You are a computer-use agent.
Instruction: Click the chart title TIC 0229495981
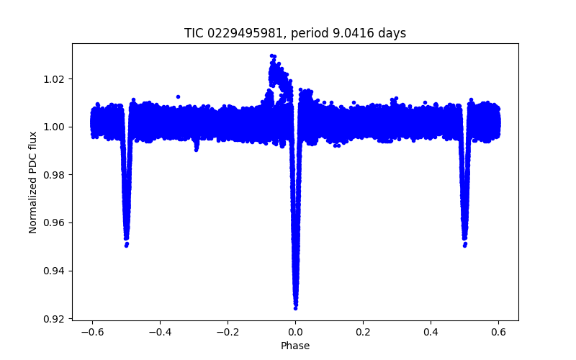(295, 33)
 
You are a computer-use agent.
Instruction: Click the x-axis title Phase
(295, 346)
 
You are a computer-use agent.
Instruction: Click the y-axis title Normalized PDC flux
(33, 181)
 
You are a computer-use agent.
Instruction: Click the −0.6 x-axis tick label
(91, 332)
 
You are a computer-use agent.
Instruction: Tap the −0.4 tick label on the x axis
(159, 332)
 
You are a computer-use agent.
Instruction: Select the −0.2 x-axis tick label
(227, 332)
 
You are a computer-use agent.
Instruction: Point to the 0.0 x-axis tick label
(295, 332)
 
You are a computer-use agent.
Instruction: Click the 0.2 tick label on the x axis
(363, 332)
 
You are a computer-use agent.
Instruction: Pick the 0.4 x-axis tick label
(431, 332)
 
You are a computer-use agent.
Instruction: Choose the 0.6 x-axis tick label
(498, 332)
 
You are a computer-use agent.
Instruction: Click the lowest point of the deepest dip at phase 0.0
(295, 308)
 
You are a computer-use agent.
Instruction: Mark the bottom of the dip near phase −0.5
(126, 246)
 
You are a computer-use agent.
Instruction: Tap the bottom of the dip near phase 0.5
(464, 246)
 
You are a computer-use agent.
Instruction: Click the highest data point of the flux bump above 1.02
(271, 55)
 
